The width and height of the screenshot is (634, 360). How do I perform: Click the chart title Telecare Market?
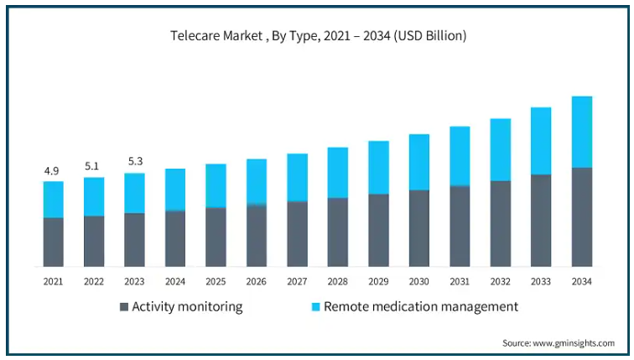pos(216,35)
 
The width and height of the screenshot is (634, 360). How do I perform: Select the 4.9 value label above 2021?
pos(51,171)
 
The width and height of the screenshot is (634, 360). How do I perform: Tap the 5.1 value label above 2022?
pos(91,166)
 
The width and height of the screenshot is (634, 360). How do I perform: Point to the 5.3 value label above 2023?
pos(136,161)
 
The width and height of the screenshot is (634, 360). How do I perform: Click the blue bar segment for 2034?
pos(582,132)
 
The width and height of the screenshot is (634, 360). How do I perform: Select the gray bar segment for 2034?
pos(582,217)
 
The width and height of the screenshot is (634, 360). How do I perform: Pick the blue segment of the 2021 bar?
pos(54,200)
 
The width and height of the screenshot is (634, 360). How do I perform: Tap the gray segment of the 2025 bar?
pos(216,237)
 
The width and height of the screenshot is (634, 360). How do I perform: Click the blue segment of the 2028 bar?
pos(338,173)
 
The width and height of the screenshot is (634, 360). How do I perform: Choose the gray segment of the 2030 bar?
pos(419,228)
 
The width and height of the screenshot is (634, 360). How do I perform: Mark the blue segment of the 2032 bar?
pos(501,149)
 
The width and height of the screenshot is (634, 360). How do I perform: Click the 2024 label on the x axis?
pos(175,281)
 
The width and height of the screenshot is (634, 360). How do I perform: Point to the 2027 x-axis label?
pos(297,281)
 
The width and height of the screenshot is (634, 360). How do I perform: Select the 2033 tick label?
pos(541,281)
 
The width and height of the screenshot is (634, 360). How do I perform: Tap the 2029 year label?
pos(378,281)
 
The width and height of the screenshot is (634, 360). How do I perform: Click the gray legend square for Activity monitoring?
pos(124,307)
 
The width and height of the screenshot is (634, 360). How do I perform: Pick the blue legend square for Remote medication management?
pos(316,307)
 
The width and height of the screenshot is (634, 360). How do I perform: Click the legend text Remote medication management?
pos(421,307)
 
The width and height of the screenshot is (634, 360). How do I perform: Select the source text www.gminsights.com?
pos(574,343)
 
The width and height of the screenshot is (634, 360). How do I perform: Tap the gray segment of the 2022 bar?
pos(94,242)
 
